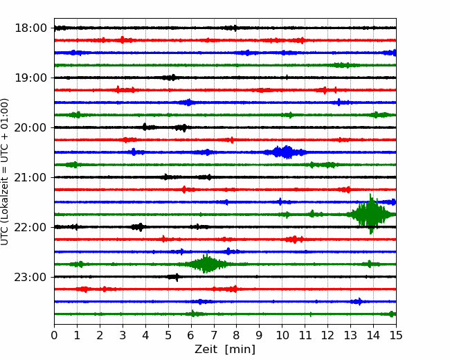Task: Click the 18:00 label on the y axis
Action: coord(30,28)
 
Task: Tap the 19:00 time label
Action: coord(30,78)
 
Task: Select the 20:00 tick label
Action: coord(30,127)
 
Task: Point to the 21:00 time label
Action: coord(30,177)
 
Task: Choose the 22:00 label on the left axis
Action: coord(30,227)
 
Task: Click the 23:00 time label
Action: coord(30,277)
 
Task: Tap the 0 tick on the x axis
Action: coord(54,335)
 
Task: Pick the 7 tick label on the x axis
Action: coord(214,335)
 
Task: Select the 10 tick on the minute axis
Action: coord(282,335)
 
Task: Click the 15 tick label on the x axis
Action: coord(396,335)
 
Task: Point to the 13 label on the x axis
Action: coord(350,335)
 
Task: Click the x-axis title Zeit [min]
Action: coord(225,350)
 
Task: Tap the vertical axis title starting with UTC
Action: coord(5,172)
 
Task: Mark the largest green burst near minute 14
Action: coord(371,214)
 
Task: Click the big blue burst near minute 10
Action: coord(285,152)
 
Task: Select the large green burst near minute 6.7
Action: coord(206,264)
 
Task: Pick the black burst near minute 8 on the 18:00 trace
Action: coord(232,28)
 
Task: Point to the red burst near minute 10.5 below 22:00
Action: coord(294,239)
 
